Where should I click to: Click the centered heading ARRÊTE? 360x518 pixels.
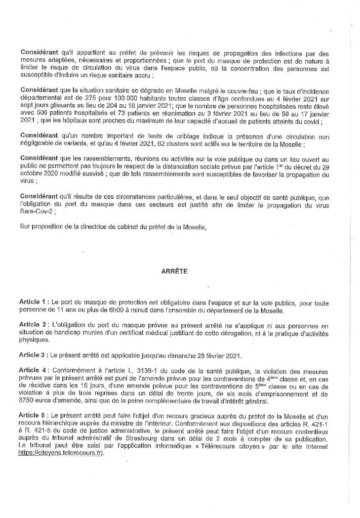coord(174,271)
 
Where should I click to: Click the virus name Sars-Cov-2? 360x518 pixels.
coord(37,212)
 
